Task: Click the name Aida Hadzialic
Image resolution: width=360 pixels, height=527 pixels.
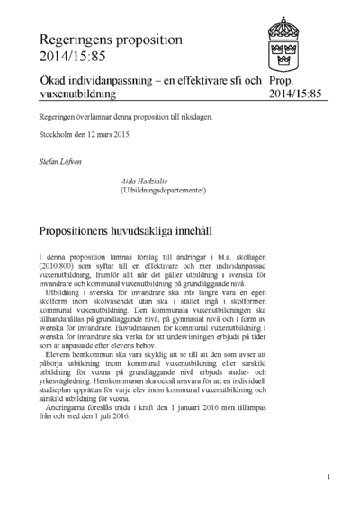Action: [143, 181]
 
